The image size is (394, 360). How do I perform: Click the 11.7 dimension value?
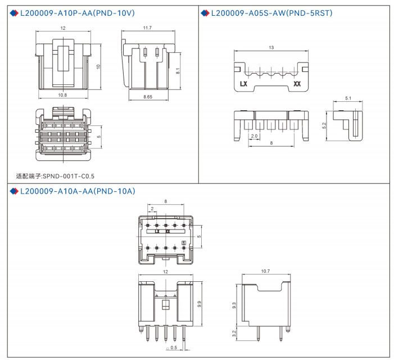[147, 28]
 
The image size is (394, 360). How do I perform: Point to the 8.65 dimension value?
[148, 97]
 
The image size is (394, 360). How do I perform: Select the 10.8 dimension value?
[62, 96]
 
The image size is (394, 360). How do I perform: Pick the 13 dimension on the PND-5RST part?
[271, 48]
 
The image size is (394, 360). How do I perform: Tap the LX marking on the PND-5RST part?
[244, 84]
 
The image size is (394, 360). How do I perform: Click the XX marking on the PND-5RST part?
[297, 84]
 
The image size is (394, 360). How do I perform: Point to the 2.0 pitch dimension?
[254, 136]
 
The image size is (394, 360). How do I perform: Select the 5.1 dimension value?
[348, 98]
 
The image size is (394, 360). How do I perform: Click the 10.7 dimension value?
[266, 271]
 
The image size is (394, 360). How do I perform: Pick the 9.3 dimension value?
[234, 306]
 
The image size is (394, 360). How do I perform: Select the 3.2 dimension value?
[234, 334]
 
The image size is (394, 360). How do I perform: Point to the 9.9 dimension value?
[200, 304]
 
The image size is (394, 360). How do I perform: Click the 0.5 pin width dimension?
[174, 348]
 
